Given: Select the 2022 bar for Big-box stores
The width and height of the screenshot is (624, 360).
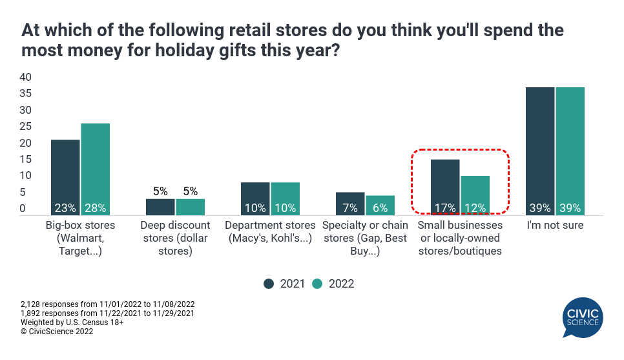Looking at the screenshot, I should point(95,169).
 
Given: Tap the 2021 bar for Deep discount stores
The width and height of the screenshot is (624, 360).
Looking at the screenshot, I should point(160,206).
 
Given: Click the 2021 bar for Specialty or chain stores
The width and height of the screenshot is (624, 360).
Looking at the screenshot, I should point(350,203).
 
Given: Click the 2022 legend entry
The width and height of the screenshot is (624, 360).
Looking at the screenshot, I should point(333,284).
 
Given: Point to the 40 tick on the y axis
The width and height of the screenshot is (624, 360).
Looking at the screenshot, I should point(25,77).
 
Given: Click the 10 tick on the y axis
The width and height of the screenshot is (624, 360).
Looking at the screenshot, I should point(25,176).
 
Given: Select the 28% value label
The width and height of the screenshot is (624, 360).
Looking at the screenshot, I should point(95,208).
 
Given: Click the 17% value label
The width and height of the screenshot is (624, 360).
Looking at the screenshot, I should point(445,208).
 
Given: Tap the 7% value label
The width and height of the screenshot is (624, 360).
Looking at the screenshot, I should point(350,208).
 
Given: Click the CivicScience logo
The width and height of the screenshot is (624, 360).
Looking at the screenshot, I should point(583,317).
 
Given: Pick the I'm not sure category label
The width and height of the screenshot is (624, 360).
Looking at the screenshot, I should point(555,226).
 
